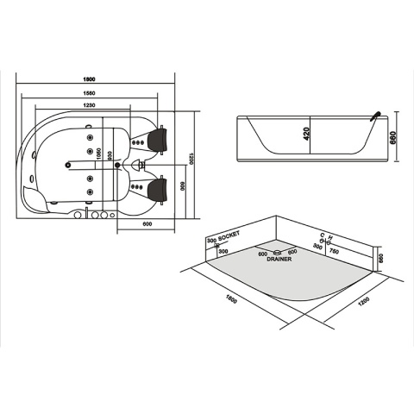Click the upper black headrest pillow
click(x=158, y=137)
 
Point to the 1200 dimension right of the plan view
click(x=195, y=157)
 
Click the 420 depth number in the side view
click(x=307, y=133)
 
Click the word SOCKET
click(x=229, y=234)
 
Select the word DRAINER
click(x=279, y=258)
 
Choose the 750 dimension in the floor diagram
click(x=334, y=250)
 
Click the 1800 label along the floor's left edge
click(x=230, y=298)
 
